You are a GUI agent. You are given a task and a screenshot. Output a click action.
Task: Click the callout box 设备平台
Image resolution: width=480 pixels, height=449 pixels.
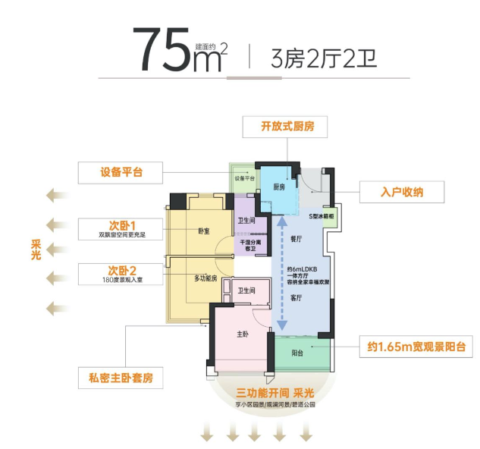point(121,172)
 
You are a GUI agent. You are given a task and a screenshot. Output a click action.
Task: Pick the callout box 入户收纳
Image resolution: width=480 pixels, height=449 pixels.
point(401,192)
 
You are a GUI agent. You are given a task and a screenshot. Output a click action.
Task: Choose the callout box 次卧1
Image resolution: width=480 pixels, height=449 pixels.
point(121,229)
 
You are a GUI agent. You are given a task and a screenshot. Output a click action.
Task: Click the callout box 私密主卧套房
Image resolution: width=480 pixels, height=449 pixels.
point(121,377)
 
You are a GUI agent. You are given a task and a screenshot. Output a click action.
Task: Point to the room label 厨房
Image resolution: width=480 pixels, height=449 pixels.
point(278,187)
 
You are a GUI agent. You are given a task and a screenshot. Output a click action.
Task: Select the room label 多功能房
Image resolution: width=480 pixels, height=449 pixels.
point(206,279)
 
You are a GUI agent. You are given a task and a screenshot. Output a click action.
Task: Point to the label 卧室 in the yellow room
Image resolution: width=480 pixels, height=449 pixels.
point(203,231)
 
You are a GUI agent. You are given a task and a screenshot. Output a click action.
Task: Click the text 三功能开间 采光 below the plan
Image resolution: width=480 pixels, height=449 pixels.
point(274,394)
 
